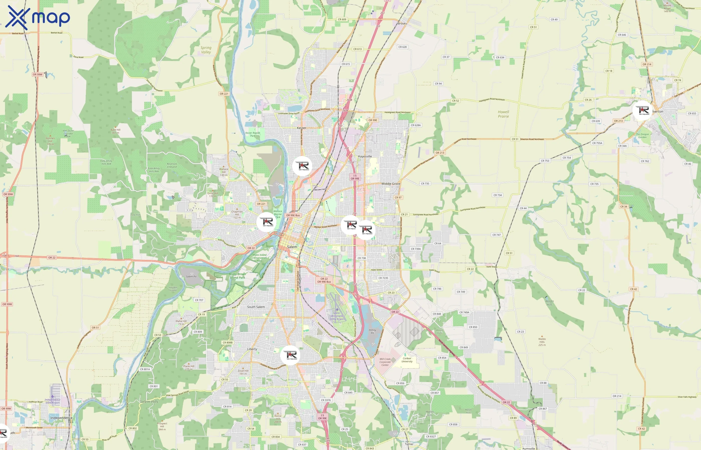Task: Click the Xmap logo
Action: tap(38, 17)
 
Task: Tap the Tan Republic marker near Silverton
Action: tap(642, 110)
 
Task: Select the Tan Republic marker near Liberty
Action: tap(290, 355)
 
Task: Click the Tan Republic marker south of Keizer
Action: tap(302, 166)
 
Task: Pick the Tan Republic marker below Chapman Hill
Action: tap(266, 222)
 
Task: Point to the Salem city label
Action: tap(292, 247)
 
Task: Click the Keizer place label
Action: tap(301, 128)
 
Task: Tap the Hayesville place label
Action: tap(365, 156)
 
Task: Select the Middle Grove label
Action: tap(391, 184)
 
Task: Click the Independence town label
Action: tap(61, 418)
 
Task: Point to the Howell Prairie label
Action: tap(503, 114)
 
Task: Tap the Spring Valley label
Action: tap(206, 50)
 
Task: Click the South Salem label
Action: tap(256, 307)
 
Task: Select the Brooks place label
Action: tap(402, 24)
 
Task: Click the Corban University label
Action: tap(407, 360)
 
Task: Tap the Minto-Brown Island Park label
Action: tap(237, 276)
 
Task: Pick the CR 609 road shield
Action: tap(342, 19)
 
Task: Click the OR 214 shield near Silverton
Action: tap(647, 64)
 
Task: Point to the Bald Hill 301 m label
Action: tap(116, 131)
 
